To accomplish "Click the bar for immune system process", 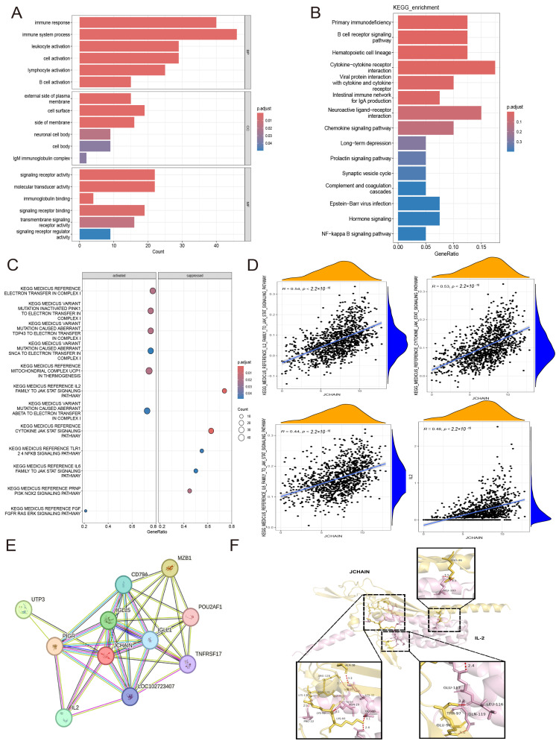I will pyautogui.click(x=158, y=34).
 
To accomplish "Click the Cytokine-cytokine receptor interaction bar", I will pyautogui.click(x=446, y=67).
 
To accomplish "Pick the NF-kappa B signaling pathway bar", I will pyautogui.click(x=411, y=234).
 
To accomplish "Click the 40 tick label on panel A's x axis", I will pyautogui.click(x=216, y=245).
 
